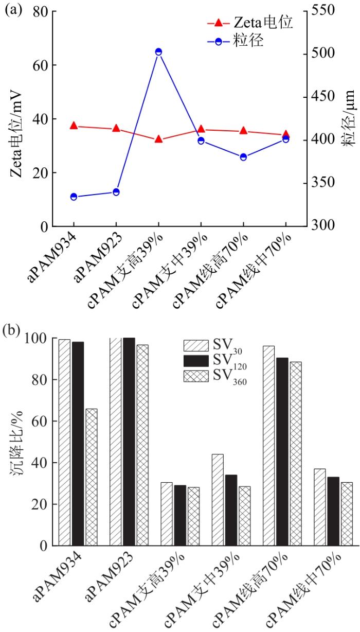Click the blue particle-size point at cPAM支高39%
[158, 52]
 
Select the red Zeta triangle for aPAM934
[74, 126]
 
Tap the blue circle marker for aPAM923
[116, 192]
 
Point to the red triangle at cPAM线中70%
[286, 134]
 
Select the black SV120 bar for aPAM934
[78, 443]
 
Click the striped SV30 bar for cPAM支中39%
[218, 499]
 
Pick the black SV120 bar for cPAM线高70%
[282, 451]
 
